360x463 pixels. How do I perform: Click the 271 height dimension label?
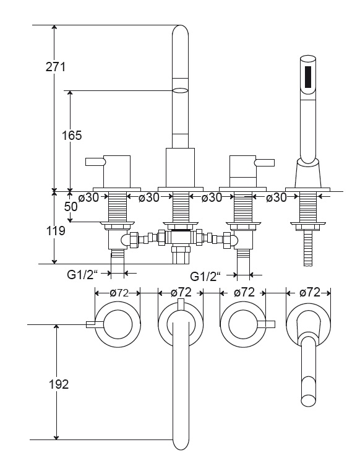(x=56, y=67)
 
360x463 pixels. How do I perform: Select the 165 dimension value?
(x=72, y=136)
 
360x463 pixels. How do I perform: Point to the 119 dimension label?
(x=56, y=231)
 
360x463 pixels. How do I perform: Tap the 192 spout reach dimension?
(x=59, y=384)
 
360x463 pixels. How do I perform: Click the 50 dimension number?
(x=71, y=206)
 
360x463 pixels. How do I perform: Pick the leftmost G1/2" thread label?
(x=82, y=275)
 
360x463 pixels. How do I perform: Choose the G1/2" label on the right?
(x=205, y=277)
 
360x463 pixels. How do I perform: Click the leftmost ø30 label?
(x=88, y=197)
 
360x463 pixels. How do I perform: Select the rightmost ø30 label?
(x=276, y=197)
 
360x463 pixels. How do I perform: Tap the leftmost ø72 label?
(x=119, y=293)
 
